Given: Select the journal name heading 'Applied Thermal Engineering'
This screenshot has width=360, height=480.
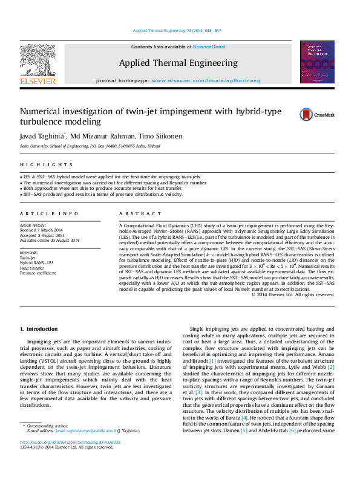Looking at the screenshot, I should click(178, 63).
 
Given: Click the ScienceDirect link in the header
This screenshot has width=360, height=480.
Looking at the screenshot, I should click(209, 47).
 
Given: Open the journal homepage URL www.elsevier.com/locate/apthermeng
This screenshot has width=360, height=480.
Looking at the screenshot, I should click(206, 80).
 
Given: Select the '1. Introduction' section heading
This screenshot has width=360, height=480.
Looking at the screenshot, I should click(39, 328).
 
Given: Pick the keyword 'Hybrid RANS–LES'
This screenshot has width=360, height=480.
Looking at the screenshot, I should click(37, 262).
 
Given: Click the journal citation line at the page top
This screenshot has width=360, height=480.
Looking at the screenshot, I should click(177, 30).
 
